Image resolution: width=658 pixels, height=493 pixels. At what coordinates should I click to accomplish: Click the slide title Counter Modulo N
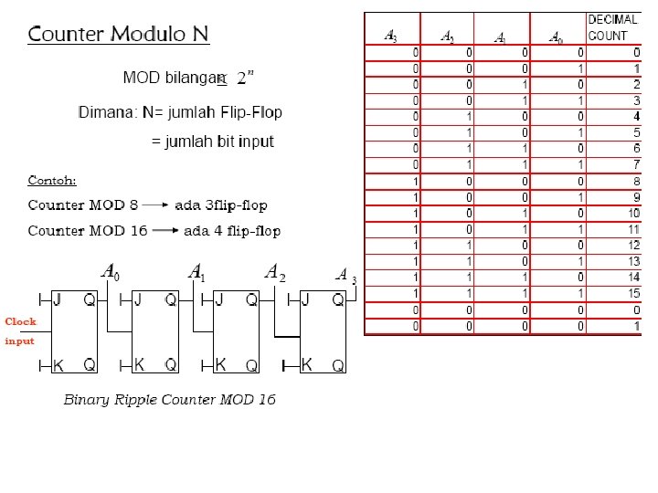(119, 35)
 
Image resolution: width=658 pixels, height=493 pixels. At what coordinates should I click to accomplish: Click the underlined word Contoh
(52, 179)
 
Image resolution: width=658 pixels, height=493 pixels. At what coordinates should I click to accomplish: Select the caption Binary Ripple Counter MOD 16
(169, 400)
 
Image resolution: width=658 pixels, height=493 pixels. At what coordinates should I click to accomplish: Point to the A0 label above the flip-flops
(110, 271)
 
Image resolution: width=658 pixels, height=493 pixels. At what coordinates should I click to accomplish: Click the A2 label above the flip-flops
(275, 272)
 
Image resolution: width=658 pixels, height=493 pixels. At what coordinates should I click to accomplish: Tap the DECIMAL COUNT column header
(612, 27)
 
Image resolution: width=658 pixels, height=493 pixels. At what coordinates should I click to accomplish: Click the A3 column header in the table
(390, 37)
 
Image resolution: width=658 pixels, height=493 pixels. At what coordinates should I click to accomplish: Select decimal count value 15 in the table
(633, 293)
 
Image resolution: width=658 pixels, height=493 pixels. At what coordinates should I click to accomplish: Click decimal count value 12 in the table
(633, 245)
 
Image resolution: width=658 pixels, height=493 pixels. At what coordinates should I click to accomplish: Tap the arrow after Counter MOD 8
(156, 205)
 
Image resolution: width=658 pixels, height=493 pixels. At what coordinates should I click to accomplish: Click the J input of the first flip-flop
(57, 299)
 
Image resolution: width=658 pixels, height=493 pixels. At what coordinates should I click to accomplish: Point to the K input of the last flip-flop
(307, 365)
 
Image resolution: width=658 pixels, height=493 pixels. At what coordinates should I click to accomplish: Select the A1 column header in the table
(500, 37)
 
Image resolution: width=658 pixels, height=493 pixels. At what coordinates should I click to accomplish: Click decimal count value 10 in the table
(633, 213)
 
